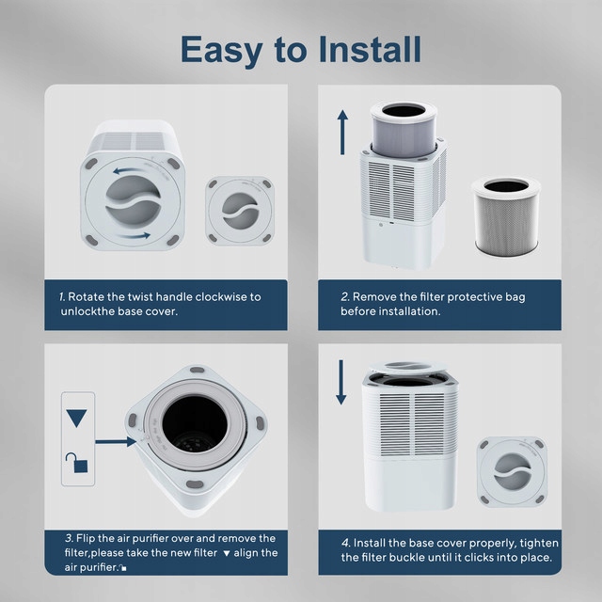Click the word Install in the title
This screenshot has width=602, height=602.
coord(370,49)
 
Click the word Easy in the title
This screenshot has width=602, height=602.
coord(222,51)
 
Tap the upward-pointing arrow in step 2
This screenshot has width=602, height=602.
coord(342,133)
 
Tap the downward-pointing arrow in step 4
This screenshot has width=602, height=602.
coord(341,383)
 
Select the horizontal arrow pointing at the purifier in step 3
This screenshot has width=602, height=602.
coord(116,442)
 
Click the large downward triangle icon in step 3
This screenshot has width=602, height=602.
coord(76,418)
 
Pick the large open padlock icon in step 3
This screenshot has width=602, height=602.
coord(77,463)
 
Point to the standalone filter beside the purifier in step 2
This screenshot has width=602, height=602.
coord(506,216)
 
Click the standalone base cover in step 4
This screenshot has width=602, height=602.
coord(512,471)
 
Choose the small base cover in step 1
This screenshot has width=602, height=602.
coord(240,211)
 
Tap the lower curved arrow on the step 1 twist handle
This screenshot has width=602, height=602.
coord(134,236)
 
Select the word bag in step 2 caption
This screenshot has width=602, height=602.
coord(515,297)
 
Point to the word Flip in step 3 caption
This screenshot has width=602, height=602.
coord(86,539)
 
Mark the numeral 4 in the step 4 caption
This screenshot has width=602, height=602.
coord(345,543)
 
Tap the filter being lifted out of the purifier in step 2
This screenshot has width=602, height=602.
coord(404,130)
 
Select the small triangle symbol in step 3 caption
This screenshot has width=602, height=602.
coord(227,554)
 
